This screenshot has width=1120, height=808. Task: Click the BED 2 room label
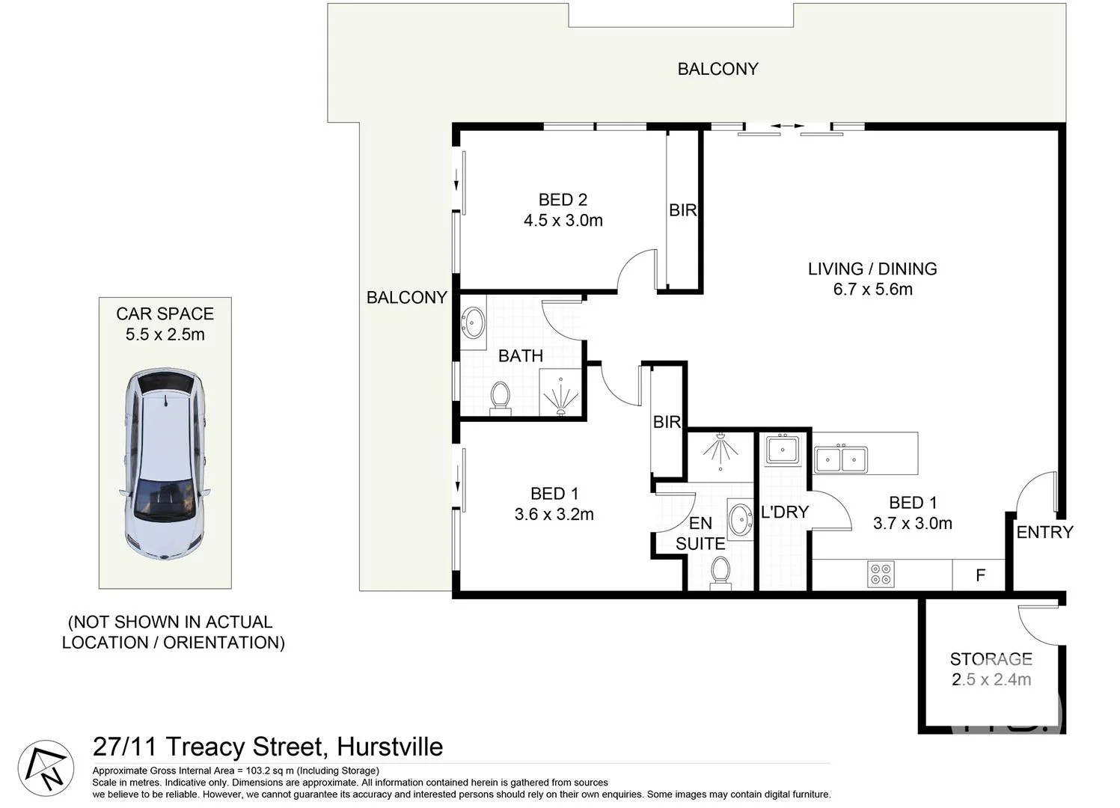[x=563, y=200]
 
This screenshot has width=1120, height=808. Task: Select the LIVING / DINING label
[x=872, y=269]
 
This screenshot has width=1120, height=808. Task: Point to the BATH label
[x=521, y=356]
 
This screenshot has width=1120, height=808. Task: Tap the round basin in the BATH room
[x=473, y=323]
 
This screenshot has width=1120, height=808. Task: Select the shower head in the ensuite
[x=720, y=447]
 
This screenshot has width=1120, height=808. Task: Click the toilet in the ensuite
[x=720, y=572]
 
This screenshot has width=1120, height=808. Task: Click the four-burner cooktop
[x=881, y=574]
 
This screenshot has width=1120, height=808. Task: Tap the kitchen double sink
[x=841, y=459]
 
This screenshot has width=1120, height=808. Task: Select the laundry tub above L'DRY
[x=783, y=450]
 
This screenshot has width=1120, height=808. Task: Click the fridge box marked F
[x=979, y=575]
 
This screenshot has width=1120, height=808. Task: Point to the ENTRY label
[x=1044, y=532]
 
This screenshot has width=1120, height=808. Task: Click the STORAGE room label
[x=991, y=659]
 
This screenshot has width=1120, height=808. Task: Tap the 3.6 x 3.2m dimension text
[x=554, y=515]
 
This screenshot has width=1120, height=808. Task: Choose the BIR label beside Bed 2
[x=682, y=211]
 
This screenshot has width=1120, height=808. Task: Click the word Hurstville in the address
[x=390, y=747]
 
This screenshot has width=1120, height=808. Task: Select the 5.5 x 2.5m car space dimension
[x=165, y=334]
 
